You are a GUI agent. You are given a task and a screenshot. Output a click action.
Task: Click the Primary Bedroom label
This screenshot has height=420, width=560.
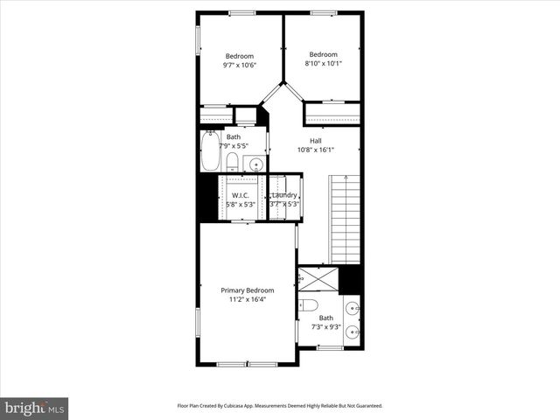[x=247, y=290]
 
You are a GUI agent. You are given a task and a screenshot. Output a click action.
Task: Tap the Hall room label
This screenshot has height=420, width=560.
[x=315, y=140]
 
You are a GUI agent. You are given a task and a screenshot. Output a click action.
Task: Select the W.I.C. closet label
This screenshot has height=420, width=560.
[x=241, y=195]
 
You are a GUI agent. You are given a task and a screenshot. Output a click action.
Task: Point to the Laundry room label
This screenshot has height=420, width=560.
[x=284, y=195]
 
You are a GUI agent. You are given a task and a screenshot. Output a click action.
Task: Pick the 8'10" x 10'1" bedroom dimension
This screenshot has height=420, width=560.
[x=323, y=63]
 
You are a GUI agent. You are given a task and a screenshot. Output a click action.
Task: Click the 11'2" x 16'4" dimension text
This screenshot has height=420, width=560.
[x=247, y=299]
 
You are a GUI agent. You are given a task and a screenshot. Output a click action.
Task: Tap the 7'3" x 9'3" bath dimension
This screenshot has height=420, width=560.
[x=325, y=327]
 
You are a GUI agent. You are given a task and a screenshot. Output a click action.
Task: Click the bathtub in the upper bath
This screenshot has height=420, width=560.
[x=210, y=152]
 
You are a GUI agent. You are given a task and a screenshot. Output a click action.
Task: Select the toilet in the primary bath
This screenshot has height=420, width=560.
[x=307, y=305]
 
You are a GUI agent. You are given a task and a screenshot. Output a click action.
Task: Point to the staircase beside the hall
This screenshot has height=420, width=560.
[x=345, y=219]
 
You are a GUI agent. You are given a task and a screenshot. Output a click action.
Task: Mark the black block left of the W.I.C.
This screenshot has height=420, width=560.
[x=206, y=198]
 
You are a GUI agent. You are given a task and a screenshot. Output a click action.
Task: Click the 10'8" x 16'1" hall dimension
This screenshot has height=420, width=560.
[x=315, y=150]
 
